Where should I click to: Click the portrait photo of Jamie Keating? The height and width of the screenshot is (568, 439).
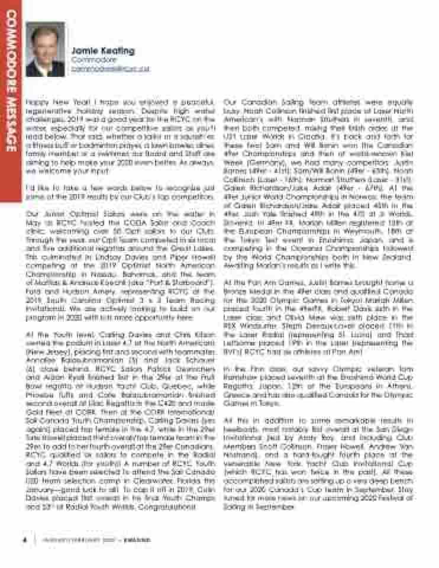pos(45,53)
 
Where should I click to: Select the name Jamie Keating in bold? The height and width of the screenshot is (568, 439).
pos(102,51)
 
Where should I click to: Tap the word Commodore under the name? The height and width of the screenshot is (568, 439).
pos(88,60)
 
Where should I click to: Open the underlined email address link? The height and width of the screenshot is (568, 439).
pos(110,69)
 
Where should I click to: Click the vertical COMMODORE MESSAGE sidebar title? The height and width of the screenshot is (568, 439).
pos(11,83)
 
